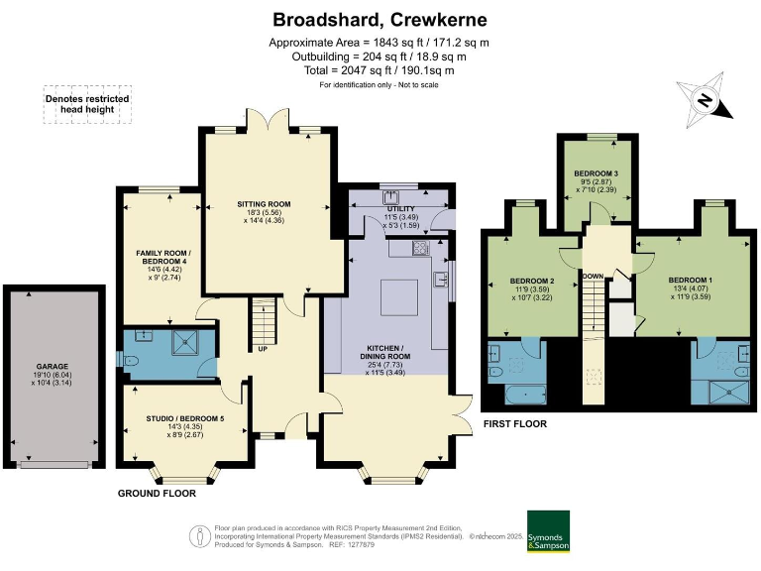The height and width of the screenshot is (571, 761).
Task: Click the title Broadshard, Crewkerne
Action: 380,19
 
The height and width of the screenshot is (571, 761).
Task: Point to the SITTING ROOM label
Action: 269,205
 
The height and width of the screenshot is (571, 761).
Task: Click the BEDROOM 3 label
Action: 596,174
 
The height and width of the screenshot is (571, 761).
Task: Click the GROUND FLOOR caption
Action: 157,493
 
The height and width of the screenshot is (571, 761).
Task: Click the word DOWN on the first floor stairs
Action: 595,277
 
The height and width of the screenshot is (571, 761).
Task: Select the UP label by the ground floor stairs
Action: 265,348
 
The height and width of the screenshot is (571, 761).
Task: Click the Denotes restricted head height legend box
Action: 87,103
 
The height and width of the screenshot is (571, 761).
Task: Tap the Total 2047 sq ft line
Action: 380,70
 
